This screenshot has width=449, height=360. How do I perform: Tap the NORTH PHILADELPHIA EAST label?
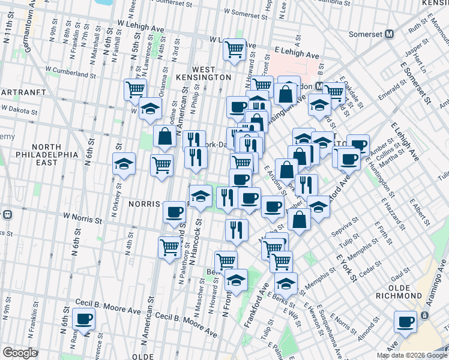click(55, 154)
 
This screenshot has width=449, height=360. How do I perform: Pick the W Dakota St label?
click(20, 109)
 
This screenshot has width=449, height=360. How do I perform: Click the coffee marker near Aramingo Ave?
click(406, 322)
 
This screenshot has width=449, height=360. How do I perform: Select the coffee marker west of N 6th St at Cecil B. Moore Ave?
click(83, 319)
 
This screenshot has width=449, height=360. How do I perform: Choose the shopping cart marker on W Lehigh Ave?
click(234, 49)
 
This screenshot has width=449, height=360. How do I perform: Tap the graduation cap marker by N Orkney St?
click(124, 163)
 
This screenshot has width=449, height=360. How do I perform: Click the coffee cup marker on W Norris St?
click(175, 211)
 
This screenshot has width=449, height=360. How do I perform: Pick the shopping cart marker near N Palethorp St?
click(170, 246)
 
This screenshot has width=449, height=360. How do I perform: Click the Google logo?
click(20, 353)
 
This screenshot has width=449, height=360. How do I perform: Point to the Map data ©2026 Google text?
click(411, 355)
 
